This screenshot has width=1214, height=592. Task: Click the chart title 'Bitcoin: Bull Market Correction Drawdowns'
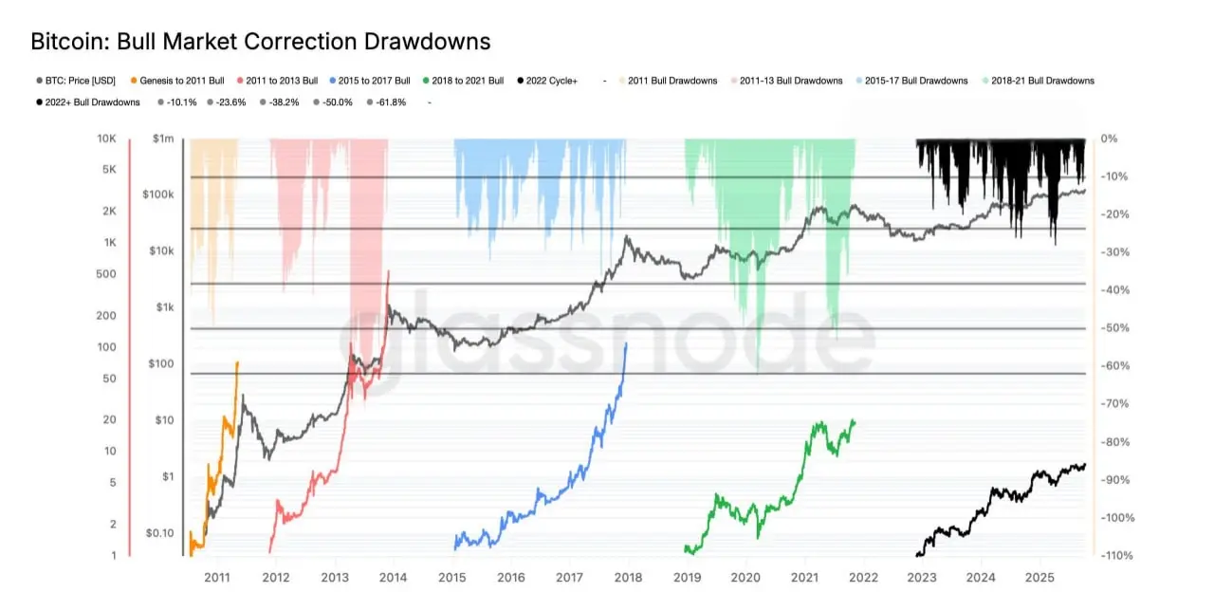pyautogui.click(x=261, y=42)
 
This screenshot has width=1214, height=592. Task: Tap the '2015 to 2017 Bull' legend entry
pyautogui.click(x=371, y=81)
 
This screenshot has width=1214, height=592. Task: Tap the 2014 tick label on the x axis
pyautogui.click(x=393, y=577)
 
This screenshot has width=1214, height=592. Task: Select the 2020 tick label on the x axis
pyautogui.click(x=745, y=577)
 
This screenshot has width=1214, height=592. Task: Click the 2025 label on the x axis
pyautogui.click(x=1039, y=577)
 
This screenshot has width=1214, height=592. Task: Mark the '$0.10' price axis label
pyautogui.click(x=160, y=532)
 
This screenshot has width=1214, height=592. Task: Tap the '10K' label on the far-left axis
pyautogui.click(x=105, y=139)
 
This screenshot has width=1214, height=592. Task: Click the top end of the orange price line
pyautogui.click(x=237, y=361)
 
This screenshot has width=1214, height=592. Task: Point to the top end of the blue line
pyautogui.click(x=626, y=343)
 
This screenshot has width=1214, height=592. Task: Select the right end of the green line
pyautogui.click(x=855, y=421)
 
